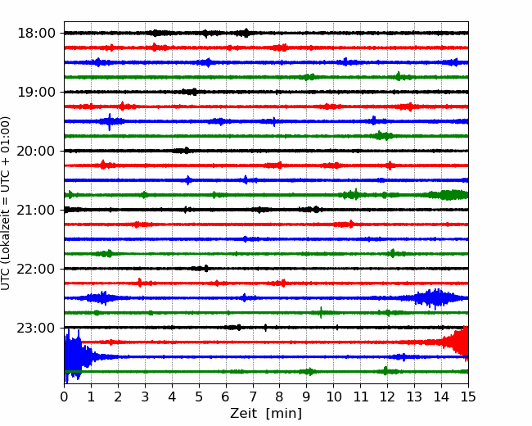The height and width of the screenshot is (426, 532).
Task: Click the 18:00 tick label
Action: (x=36, y=34)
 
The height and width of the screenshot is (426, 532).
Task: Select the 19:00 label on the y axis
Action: (x=36, y=92)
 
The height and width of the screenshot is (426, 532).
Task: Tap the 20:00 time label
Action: (x=36, y=151)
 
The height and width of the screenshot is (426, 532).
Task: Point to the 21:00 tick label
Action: (x=36, y=210)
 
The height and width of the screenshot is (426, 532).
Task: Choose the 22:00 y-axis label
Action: (x=36, y=269)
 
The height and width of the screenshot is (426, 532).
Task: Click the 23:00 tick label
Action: (x=36, y=328)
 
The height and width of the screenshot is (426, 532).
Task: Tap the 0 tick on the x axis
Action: (x=64, y=397)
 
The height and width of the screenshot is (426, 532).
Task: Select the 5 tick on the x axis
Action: (x=199, y=397)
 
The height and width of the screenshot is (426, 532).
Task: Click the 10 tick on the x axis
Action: (x=333, y=397)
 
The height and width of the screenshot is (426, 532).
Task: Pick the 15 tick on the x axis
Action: (x=468, y=397)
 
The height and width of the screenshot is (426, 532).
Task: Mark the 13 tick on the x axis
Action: (x=414, y=397)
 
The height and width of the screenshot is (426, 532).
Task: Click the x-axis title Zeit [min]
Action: (x=266, y=414)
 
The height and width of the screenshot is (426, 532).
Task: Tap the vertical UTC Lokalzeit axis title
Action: (x=6, y=203)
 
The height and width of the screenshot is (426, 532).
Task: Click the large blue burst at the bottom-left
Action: (x=76, y=356)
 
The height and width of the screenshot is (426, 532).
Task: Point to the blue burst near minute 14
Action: (x=435, y=298)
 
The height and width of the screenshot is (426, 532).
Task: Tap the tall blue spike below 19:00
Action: (x=109, y=121)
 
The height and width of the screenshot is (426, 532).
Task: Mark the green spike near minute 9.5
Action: (x=321, y=312)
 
